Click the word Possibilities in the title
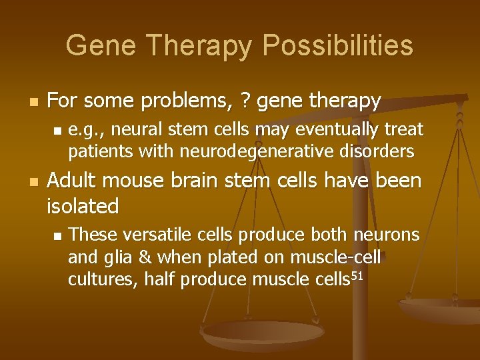[x=338, y=46]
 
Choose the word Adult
[x=74, y=181]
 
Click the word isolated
[x=83, y=207]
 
